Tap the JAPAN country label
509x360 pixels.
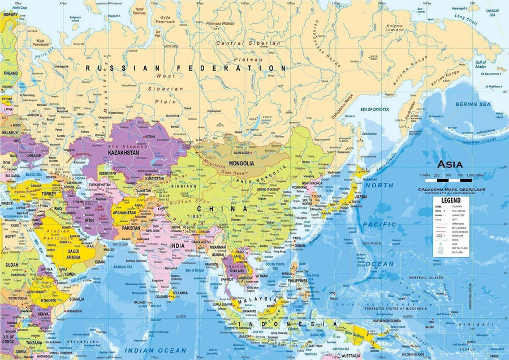point(360,198)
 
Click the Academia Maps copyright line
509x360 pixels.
point(455,190)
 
